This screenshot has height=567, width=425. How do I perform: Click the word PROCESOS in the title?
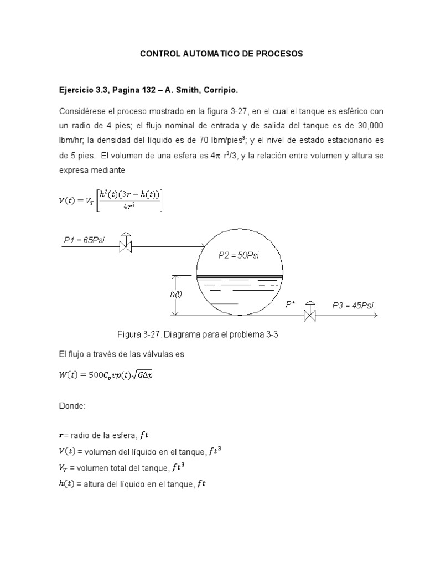(276, 54)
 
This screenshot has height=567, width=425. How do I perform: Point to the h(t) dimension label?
(175, 295)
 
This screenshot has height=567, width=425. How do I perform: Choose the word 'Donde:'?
(71, 406)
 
